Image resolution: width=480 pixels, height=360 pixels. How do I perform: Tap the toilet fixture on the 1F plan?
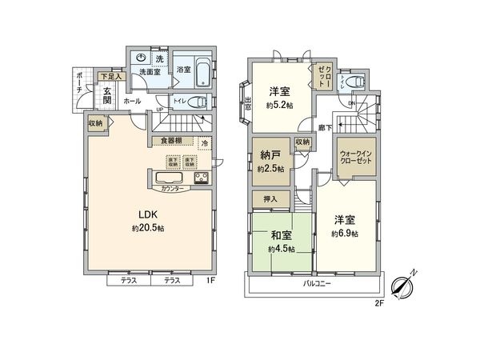pyautogui.click(x=199, y=102)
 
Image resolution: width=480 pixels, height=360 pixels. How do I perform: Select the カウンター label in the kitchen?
pyautogui.click(x=170, y=189)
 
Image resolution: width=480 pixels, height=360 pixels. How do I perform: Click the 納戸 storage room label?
pyautogui.click(x=270, y=158)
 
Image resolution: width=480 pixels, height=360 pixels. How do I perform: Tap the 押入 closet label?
pyautogui.click(x=270, y=198)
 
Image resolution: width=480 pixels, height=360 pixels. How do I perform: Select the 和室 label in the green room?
pyautogui.click(x=278, y=236)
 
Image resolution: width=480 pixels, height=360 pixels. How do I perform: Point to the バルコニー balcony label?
pyautogui.click(x=317, y=284)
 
